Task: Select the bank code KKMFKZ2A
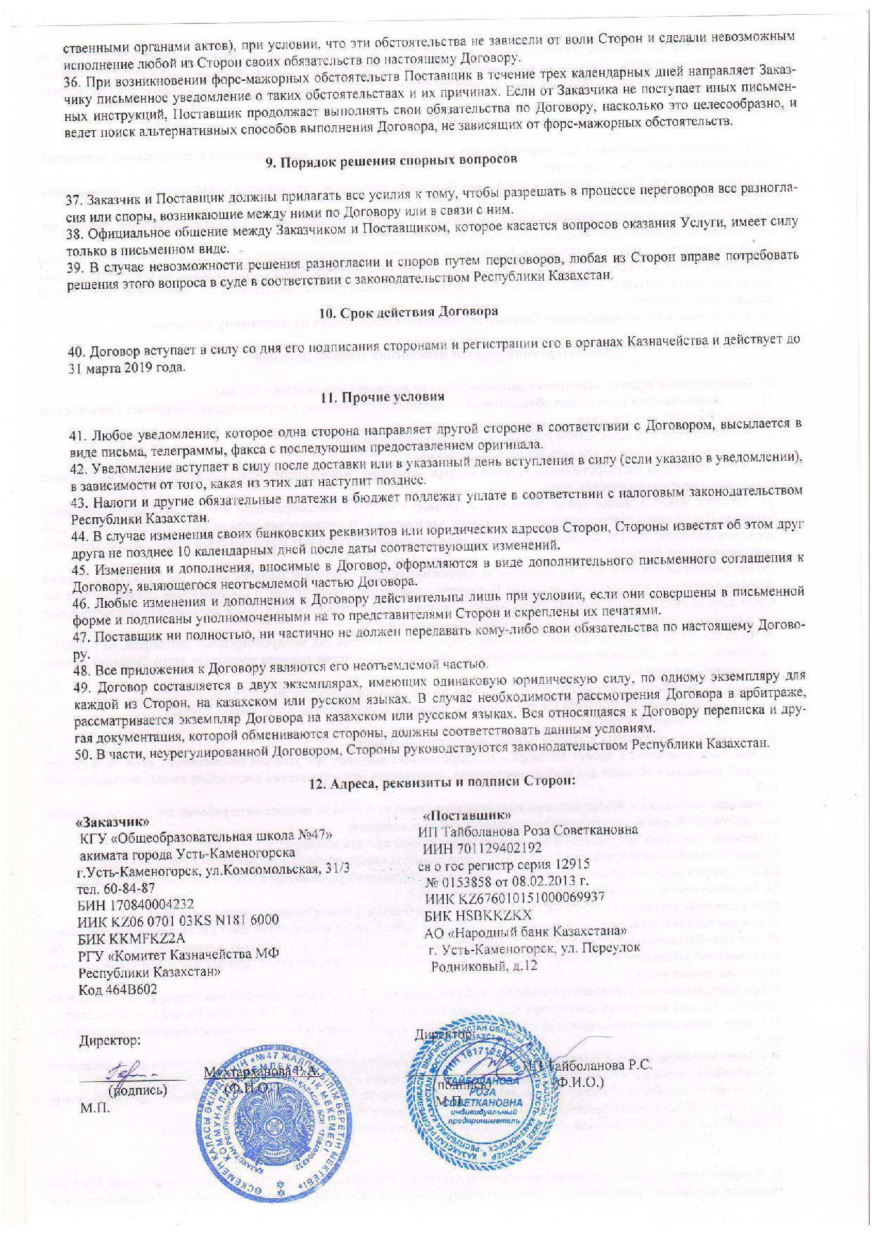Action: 146,938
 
